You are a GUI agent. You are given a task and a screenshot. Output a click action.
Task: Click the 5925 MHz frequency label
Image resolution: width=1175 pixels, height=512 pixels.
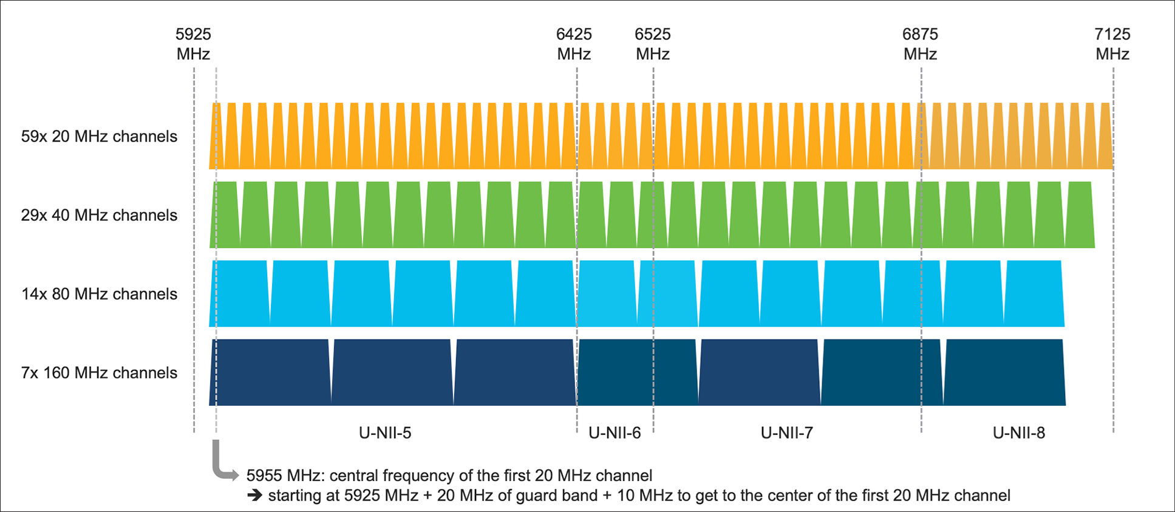(x=193, y=44)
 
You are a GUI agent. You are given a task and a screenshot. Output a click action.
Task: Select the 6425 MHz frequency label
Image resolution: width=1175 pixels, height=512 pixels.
(x=574, y=44)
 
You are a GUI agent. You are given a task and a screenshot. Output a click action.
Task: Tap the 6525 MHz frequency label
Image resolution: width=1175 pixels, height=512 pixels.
(x=653, y=44)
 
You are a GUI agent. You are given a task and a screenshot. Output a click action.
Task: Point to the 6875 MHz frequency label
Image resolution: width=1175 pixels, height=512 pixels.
(x=920, y=44)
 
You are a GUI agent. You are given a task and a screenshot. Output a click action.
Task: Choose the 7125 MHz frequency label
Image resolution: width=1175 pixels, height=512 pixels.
(x=1112, y=44)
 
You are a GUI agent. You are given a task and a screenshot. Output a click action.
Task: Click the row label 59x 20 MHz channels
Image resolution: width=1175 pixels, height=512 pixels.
(x=99, y=136)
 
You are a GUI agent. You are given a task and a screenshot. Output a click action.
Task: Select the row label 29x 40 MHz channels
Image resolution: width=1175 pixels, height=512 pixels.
(x=99, y=215)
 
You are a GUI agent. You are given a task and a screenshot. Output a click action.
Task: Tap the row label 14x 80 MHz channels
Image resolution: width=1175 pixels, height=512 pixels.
(x=99, y=294)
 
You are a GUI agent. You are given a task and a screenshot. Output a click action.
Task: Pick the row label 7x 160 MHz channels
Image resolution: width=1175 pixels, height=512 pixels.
(x=99, y=372)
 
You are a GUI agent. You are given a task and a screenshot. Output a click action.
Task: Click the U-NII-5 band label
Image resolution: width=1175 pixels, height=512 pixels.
(x=385, y=433)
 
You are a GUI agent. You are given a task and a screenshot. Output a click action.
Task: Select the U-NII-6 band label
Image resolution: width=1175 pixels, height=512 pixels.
(x=615, y=433)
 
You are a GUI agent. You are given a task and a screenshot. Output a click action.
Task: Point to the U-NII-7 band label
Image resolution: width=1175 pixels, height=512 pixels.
(x=786, y=433)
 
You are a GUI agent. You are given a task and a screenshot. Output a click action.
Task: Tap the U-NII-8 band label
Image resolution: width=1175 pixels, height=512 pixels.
(x=1018, y=433)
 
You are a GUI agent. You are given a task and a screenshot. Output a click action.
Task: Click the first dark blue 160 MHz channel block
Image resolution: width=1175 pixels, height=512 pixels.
(x=270, y=372)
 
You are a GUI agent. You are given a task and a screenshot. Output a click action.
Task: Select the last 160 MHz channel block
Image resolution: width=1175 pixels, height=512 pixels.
(x=1004, y=372)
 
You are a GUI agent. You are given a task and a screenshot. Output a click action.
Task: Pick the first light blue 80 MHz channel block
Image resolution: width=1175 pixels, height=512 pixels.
(x=239, y=294)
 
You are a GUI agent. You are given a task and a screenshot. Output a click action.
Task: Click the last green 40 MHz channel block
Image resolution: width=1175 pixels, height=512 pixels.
(x=1080, y=215)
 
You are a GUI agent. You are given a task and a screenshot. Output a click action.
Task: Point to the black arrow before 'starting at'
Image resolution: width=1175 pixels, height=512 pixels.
(x=255, y=496)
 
